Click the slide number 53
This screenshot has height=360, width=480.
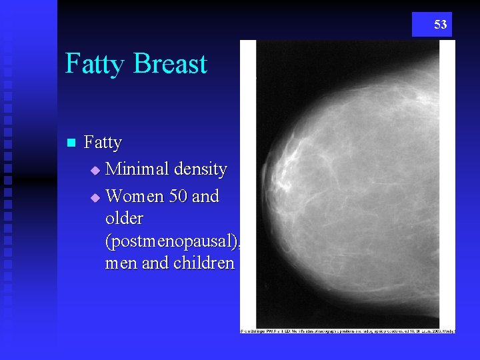coord(440,25)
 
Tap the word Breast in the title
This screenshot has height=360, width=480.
coord(170,64)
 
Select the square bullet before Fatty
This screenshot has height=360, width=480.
coord(72,143)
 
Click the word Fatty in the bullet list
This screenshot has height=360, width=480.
coord(103,143)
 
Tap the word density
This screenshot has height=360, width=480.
coord(201,170)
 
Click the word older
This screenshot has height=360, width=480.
coord(124,219)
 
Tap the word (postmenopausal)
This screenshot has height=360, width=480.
coord(172,241)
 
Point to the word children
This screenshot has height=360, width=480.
coord(204,263)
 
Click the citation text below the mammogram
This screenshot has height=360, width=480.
coord(347,331)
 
